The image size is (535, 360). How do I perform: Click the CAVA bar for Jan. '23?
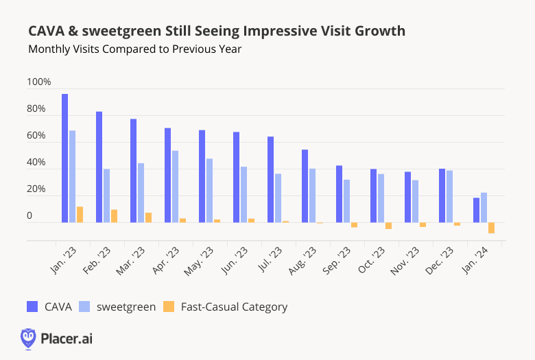tap(64, 158)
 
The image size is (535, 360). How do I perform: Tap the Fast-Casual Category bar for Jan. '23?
tap(80, 215)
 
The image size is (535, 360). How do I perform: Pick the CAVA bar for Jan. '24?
tap(476, 210)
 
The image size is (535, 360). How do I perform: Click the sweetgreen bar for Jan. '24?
tap(484, 208)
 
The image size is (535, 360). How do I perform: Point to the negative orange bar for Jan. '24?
tap(491, 228)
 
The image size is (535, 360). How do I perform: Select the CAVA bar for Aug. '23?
tap(305, 186)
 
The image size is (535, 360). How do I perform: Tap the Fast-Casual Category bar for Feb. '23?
tap(114, 216)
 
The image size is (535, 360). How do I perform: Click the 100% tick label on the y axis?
tap(38, 82)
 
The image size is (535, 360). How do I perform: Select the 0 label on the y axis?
tap(29, 216)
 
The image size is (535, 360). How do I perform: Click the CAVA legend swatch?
tap(33, 307)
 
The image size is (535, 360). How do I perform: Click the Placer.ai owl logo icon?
tap(28, 338)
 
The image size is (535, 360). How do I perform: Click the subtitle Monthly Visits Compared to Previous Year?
tap(135, 49)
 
